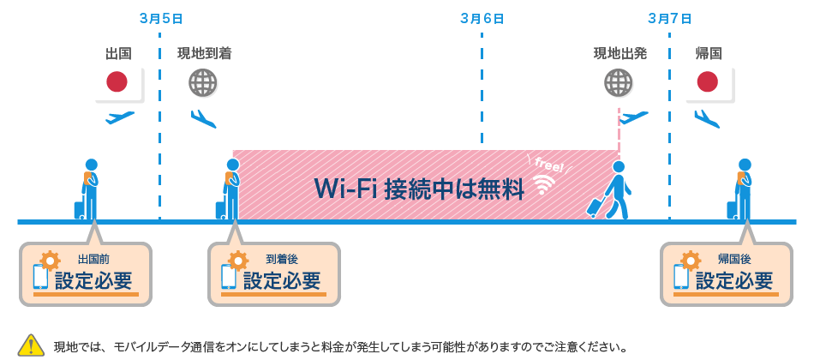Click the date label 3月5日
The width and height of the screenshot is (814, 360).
(159, 17)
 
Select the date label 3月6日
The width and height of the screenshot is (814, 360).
(481, 17)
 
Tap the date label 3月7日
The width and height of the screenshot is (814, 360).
(669, 17)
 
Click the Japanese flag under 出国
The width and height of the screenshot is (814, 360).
(117, 82)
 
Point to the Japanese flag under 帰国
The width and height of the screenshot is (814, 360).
(707, 82)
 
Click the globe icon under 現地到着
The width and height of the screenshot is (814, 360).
(203, 82)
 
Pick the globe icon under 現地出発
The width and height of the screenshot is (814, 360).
(619, 82)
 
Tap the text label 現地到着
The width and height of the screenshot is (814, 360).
(203, 53)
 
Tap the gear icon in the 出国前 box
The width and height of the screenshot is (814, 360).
(51, 260)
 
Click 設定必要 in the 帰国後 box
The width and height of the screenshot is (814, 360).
(733, 280)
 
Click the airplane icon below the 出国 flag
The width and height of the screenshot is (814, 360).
(120, 117)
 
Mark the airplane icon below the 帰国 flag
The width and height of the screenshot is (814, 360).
(707, 117)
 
